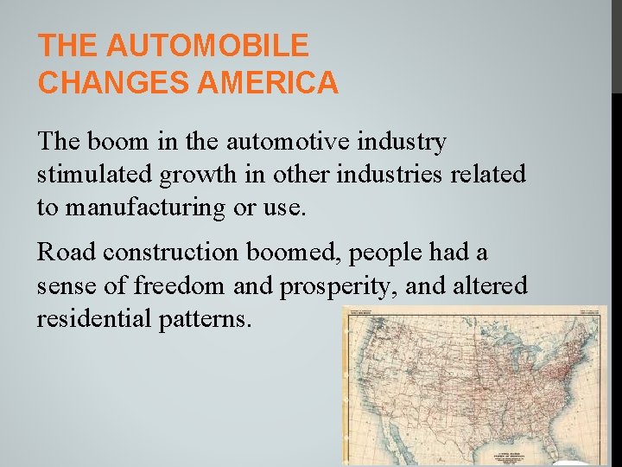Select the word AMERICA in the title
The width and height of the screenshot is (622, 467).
tap(268, 83)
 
